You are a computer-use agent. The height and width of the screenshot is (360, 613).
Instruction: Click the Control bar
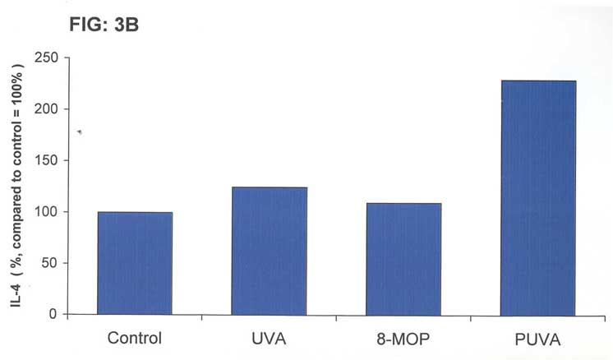[x=135, y=263]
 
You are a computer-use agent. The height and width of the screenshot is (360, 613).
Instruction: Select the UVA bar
[x=269, y=251]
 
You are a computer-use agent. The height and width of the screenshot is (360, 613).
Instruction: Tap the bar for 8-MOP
[x=403, y=259]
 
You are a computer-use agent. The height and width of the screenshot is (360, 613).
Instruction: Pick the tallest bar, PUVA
[x=538, y=197]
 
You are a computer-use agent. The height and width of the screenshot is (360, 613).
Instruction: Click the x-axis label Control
[x=135, y=337]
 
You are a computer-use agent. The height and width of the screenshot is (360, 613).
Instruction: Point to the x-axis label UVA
[x=270, y=337]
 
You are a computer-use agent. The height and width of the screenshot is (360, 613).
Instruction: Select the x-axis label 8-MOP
[x=403, y=337]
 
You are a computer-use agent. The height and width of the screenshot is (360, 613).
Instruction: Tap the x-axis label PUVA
[x=539, y=338]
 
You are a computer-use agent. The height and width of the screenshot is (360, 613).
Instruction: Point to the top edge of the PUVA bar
[x=538, y=81]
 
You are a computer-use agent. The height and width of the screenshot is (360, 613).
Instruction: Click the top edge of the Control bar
[x=135, y=213]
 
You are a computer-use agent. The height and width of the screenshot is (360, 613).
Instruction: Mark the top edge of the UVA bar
[x=269, y=188]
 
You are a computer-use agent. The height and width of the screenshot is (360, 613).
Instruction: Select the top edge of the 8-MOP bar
[x=403, y=204]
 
